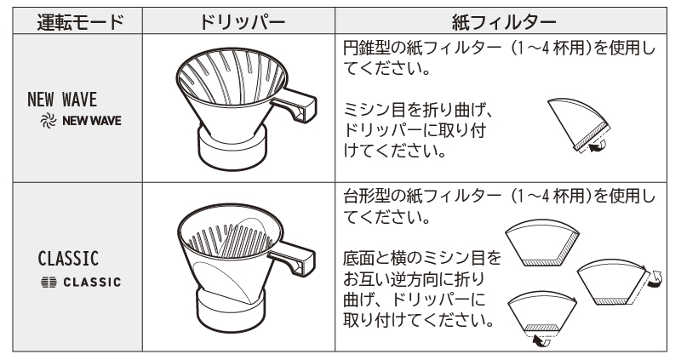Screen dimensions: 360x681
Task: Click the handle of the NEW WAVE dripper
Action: (x=295, y=106)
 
